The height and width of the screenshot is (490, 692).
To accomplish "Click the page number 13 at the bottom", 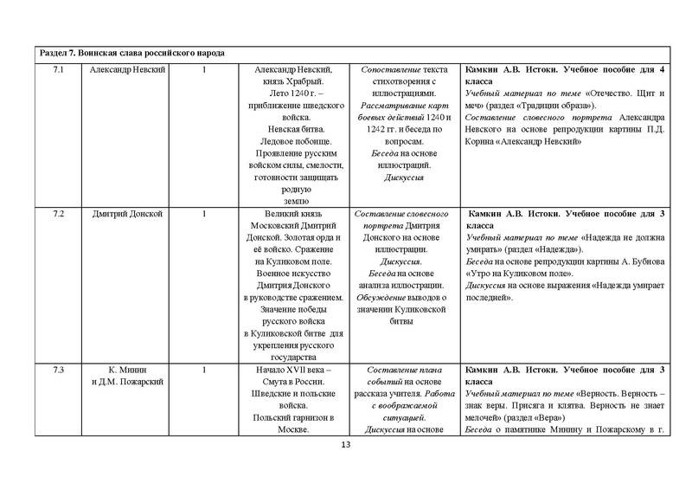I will coord(346,445).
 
